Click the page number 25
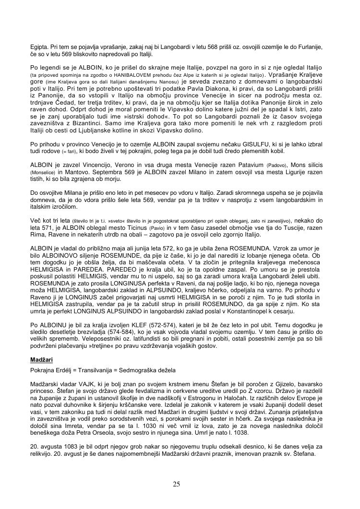tap(176, 484)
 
